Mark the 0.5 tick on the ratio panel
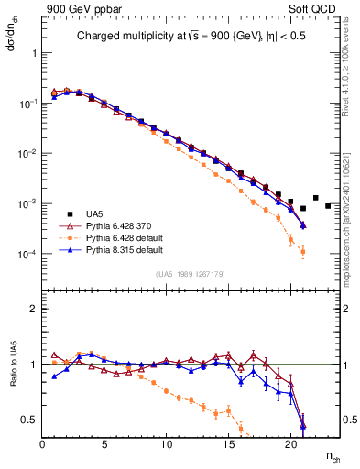pos(31,420)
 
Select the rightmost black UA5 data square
pos(328,205)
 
